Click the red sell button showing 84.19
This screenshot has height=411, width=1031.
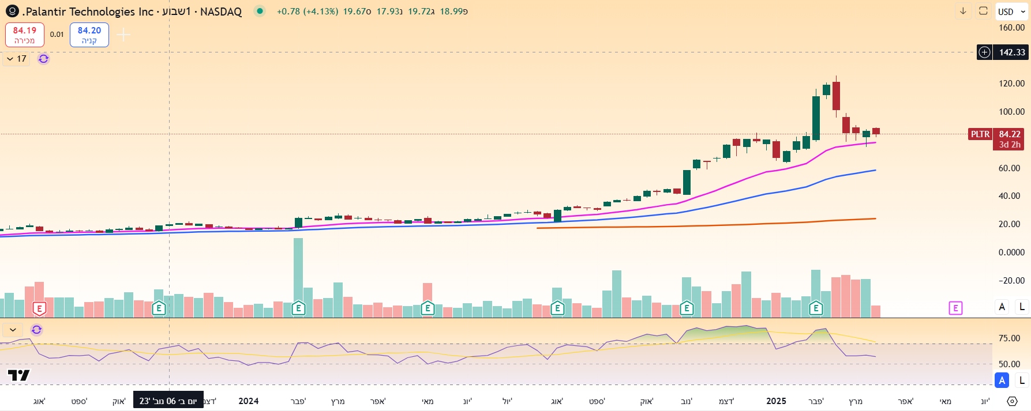click(x=25, y=35)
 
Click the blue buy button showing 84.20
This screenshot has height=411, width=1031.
click(x=89, y=35)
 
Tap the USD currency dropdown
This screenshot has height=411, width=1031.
click(x=1011, y=12)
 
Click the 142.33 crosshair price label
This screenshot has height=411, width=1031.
click(x=1011, y=52)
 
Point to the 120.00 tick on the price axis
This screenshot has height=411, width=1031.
click(x=1011, y=84)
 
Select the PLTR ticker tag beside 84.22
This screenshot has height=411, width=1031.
click(x=980, y=134)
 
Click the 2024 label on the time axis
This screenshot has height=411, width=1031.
click(x=249, y=401)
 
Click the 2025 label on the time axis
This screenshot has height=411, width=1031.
click(x=776, y=401)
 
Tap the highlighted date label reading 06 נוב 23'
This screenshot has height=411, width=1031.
click(x=168, y=401)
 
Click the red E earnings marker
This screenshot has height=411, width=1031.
click(x=39, y=308)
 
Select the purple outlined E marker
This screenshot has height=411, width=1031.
click(x=955, y=308)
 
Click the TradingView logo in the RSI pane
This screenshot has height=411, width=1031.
click(x=18, y=375)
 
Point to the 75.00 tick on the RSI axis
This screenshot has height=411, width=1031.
click(x=1009, y=338)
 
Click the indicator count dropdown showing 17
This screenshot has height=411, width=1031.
click(x=16, y=59)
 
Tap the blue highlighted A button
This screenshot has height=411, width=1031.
click(x=1002, y=380)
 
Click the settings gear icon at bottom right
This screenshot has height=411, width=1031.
click(x=1012, y=401)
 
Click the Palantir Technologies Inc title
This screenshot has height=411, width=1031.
click(x=89, y=12)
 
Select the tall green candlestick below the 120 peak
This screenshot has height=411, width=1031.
click(x=816, y=118)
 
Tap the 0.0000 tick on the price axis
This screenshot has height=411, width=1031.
click(x=1011, y=252)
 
